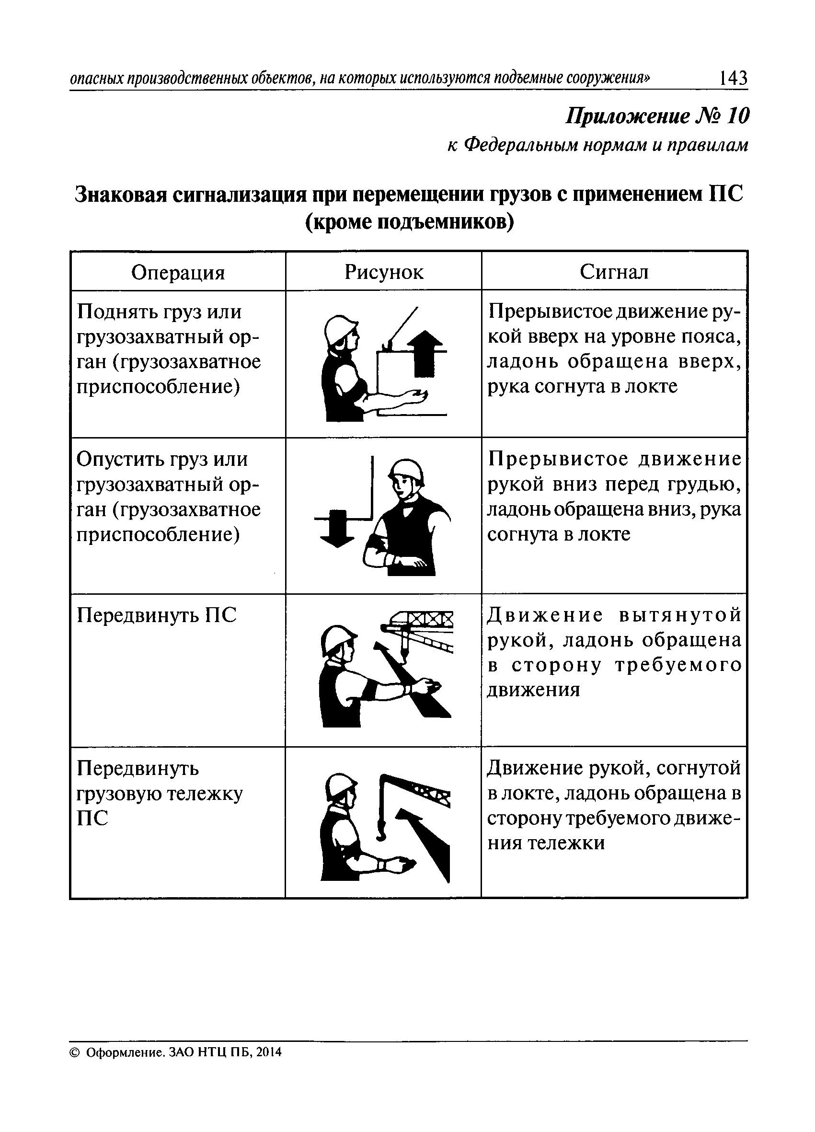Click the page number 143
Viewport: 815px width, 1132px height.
click(733, 79)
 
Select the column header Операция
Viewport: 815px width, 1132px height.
click(178, 273)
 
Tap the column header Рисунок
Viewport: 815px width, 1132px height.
click(383, 272)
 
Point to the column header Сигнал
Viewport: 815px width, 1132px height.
click(614, 272)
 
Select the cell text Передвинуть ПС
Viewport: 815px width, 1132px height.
click(156, 615)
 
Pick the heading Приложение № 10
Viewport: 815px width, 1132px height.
click(657, 116)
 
